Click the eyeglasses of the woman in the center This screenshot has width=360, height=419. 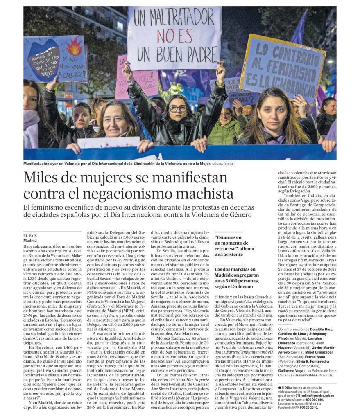[x=178, y=108]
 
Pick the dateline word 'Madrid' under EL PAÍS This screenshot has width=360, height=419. [x=30, y=241]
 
